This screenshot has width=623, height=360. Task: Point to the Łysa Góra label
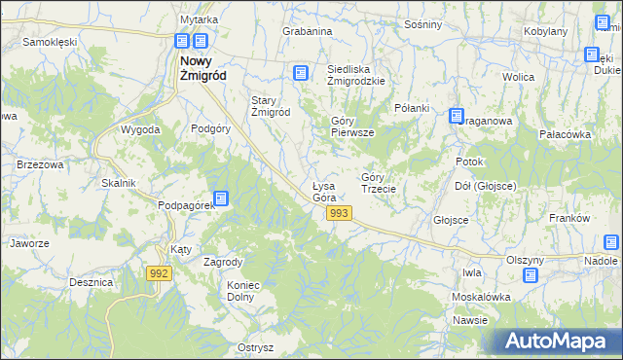click(324, 192)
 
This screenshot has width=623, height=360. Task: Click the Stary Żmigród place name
click(272, 106)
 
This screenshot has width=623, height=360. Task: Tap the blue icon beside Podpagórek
click(221, 198)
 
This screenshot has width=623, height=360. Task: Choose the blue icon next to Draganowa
click(456, 116)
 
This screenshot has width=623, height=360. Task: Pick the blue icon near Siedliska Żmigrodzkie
click(300, 72)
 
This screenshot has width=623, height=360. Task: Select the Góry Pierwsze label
click(352, 126)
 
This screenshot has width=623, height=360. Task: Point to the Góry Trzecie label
click(378, 182)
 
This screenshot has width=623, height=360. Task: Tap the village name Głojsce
click(451, 220)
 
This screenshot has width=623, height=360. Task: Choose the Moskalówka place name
click(481, 296)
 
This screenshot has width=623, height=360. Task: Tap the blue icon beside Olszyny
click(531, 275)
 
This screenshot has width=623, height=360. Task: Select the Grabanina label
click(308, 31)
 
